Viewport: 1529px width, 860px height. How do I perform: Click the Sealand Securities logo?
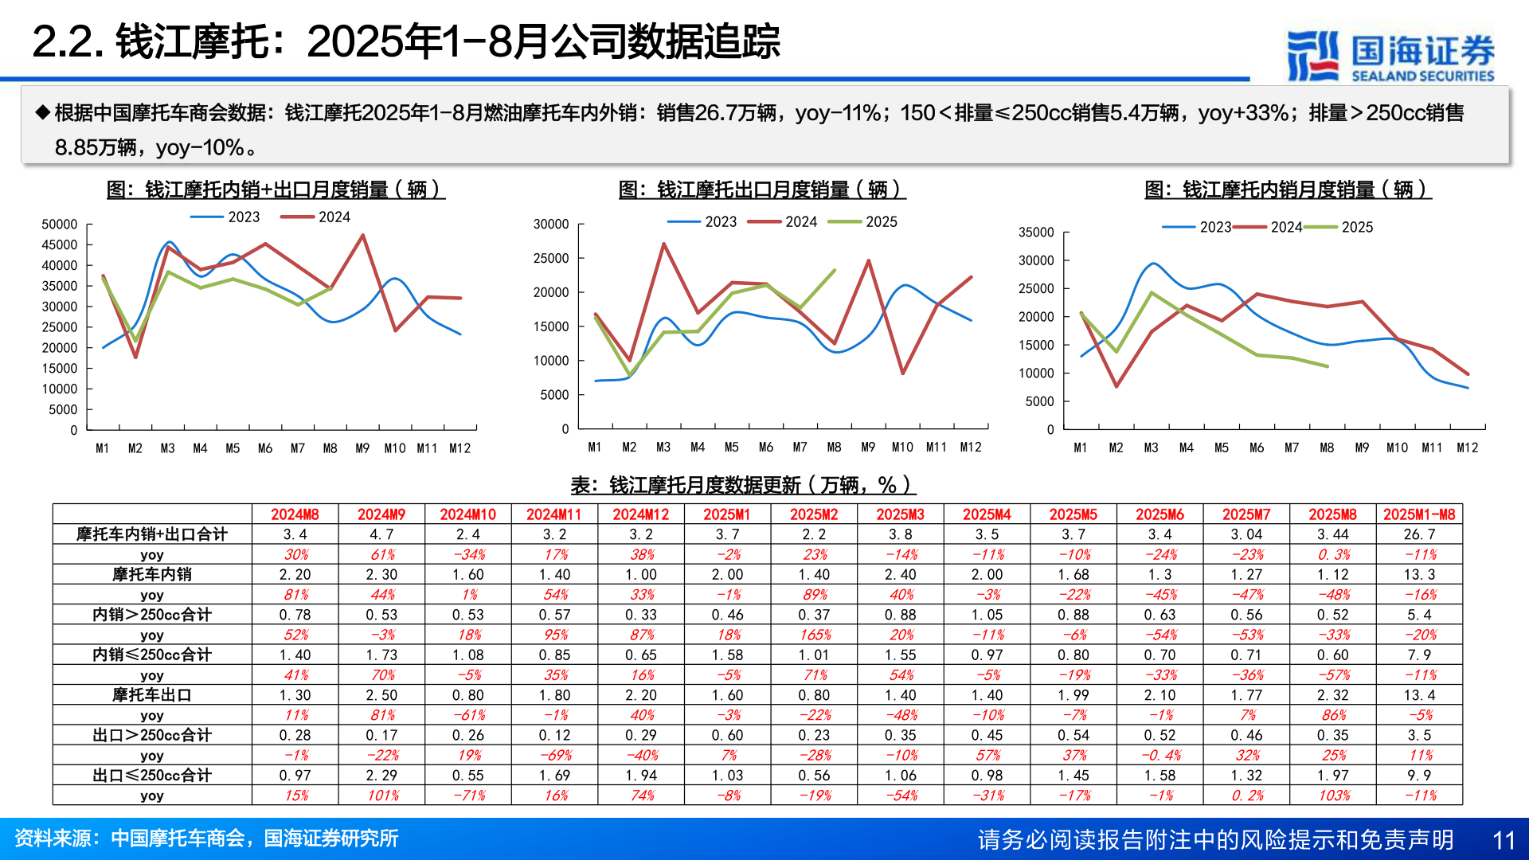pos(1390,56)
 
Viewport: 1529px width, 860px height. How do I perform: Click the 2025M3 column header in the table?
pos(900,514)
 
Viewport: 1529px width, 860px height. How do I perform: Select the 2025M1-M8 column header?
pos(1419,514)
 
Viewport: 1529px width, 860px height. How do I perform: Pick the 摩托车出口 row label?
pos(151,695)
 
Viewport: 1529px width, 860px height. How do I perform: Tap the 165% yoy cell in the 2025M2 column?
pos(814,635)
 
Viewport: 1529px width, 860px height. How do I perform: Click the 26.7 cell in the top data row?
pos(1419,534)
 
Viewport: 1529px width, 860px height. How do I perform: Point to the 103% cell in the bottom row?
pos(1333,795)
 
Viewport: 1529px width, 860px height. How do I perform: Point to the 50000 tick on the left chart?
pos(60,225)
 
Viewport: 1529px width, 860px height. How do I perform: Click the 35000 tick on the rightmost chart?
pos(1036,233)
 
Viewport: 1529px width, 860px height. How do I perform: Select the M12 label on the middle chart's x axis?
pos(970,448)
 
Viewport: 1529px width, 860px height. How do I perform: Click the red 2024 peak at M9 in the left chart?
pos(363,236)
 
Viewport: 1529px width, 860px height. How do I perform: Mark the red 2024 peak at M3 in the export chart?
pos(663,244)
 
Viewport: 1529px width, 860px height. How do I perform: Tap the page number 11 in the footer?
pos(1503,840)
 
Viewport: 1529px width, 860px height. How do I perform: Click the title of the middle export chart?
pos(762,190)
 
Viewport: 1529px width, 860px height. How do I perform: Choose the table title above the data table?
pos(742,485)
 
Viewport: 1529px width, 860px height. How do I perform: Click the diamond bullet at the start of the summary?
pos(43,112)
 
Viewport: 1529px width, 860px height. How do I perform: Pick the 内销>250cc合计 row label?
pos(151,615)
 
